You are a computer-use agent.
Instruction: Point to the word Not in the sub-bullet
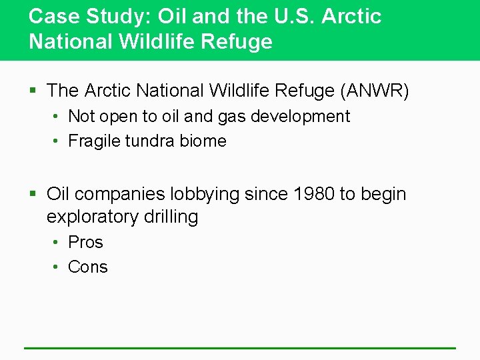(x=81, y=116)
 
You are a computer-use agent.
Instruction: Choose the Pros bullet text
(x=85, y=242)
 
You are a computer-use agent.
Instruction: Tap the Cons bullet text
(x=87, y=267)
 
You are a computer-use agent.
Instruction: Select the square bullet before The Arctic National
(x=34, y=91)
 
